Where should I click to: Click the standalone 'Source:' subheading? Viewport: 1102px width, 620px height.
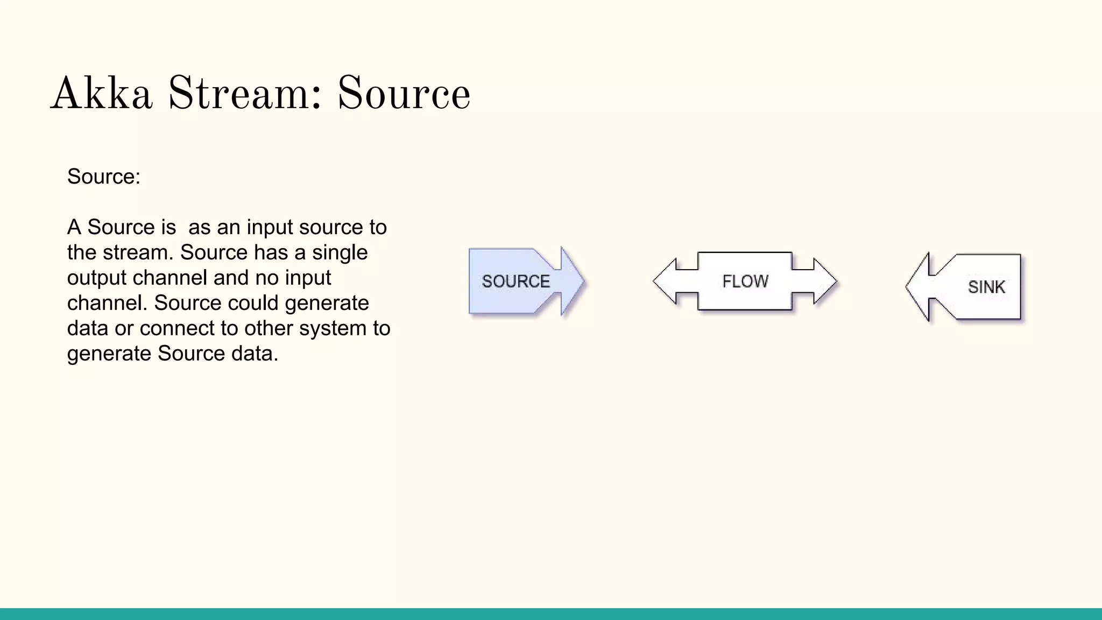[104, 177]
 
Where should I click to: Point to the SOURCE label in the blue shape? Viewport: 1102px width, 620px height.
[515, 281]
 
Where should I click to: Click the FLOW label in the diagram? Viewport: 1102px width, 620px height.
[745, 281]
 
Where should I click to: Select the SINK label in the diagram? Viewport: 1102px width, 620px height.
[986, 287]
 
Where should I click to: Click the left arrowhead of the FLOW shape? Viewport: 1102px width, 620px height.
[663, 281]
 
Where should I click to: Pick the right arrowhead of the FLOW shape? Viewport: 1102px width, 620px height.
[826, 281]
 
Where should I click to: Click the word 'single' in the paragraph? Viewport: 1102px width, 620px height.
[340, 252]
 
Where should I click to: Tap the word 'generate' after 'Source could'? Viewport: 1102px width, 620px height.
[327, 303]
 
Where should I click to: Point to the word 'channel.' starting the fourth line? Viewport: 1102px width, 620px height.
[107, 303]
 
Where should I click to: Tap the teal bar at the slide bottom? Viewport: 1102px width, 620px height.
[551, 614]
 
